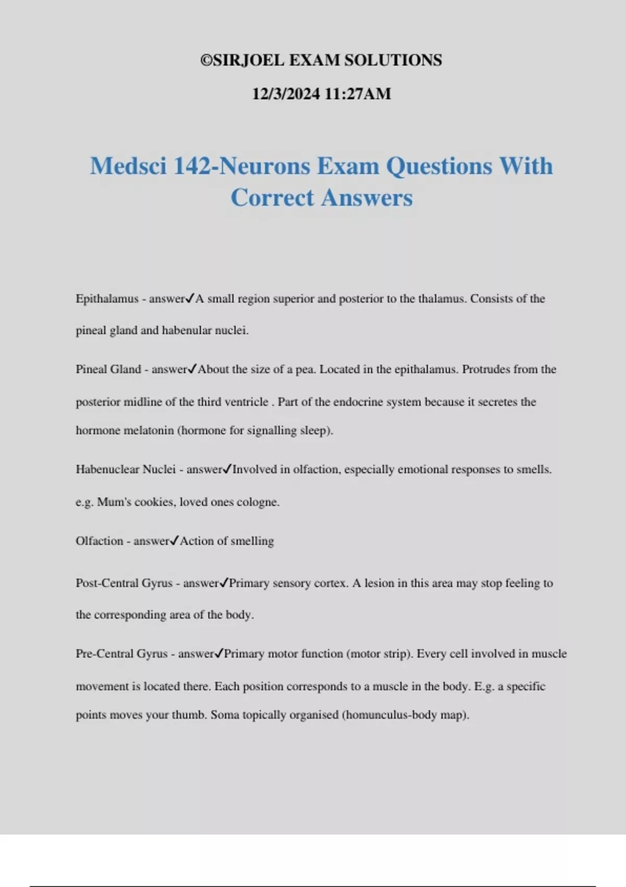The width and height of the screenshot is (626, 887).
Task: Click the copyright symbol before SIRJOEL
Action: (207, 61)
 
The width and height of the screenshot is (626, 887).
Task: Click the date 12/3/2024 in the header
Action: (286, 94)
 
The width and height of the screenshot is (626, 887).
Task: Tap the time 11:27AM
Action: (357, 94)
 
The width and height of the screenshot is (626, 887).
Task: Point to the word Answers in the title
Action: (367, 198)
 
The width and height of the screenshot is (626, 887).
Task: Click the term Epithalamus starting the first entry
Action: (107, 299)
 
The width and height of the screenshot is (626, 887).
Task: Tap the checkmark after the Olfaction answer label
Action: (175, 541)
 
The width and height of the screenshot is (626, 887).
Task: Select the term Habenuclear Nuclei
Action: (126, 470)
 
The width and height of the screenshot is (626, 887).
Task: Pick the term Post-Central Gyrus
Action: (124, 583)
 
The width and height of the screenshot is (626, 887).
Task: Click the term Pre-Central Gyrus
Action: (122, 654)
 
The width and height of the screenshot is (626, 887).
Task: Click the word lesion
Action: (379, 583)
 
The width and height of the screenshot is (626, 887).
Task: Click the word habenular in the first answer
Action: (187, 331)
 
